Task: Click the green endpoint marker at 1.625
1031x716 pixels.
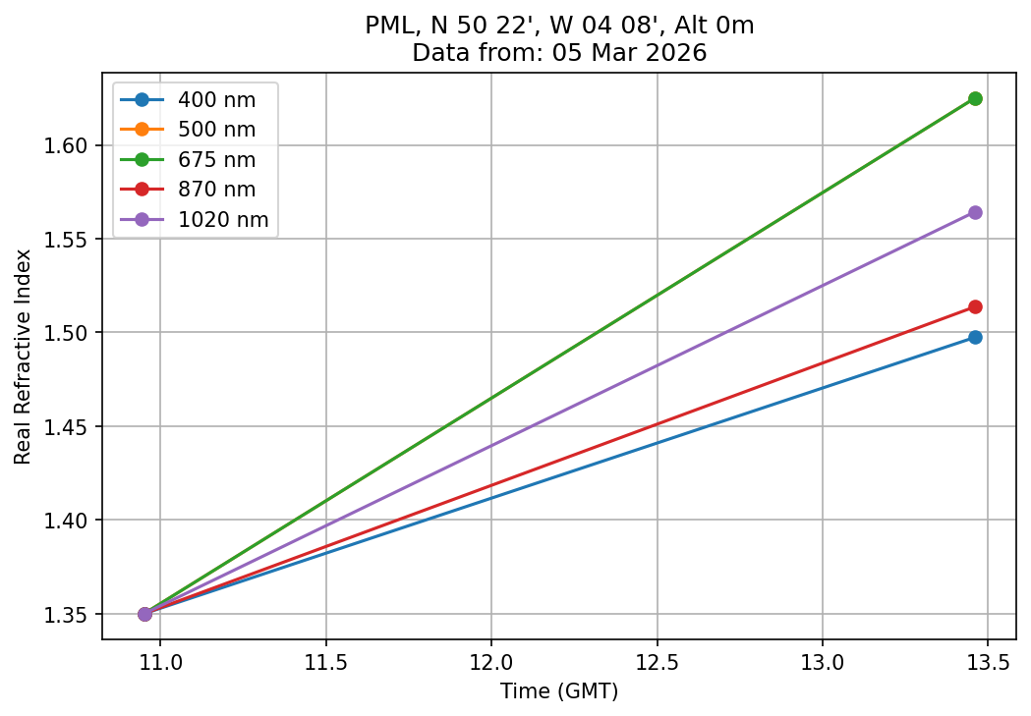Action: click(975, 98)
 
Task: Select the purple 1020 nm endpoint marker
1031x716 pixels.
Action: click(975, 212)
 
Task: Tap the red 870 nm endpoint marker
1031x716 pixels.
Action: click(975, 306)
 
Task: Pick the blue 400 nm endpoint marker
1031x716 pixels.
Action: click(975, 337)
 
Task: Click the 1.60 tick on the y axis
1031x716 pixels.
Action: click(70, 145)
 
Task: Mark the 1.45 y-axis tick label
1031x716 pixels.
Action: click(70, 426)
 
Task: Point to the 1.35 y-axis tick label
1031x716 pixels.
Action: click(70, 614)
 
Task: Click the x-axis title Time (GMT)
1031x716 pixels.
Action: click(559, 691)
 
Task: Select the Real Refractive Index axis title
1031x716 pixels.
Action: click(23, 357)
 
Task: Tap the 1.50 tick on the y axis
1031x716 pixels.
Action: click(70, 333)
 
